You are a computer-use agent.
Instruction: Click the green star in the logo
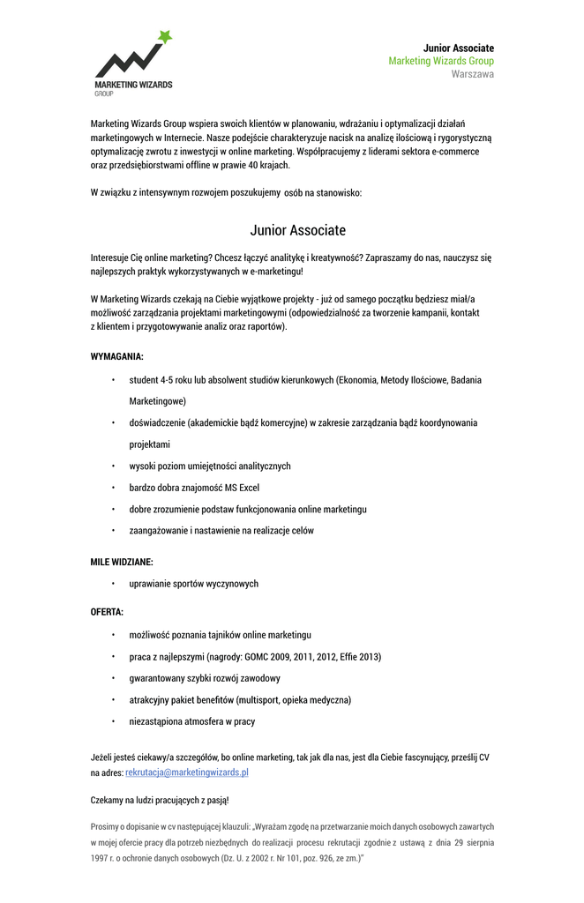(164, 37)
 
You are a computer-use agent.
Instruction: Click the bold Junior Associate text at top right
(458, 48)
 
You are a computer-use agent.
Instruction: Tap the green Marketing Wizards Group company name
(441, 61)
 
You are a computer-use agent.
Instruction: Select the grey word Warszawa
(473, 74)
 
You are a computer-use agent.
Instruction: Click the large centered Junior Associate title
(298, 230)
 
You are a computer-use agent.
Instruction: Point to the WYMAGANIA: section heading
(116, 356)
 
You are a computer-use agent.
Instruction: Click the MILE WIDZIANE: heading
(122, 562)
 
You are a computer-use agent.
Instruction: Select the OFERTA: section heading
(107, 612)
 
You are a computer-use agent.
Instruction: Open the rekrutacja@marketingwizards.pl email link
(187, 772)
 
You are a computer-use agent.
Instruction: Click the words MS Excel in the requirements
(242, 488)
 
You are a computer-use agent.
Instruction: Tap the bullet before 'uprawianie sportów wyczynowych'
(113, 584)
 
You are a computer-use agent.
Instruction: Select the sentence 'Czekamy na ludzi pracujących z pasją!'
(160, 800)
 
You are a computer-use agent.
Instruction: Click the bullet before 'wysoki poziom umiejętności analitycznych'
(113, 466)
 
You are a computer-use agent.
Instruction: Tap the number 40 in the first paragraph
(254, 165)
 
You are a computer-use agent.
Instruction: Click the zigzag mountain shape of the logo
(127, 62)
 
